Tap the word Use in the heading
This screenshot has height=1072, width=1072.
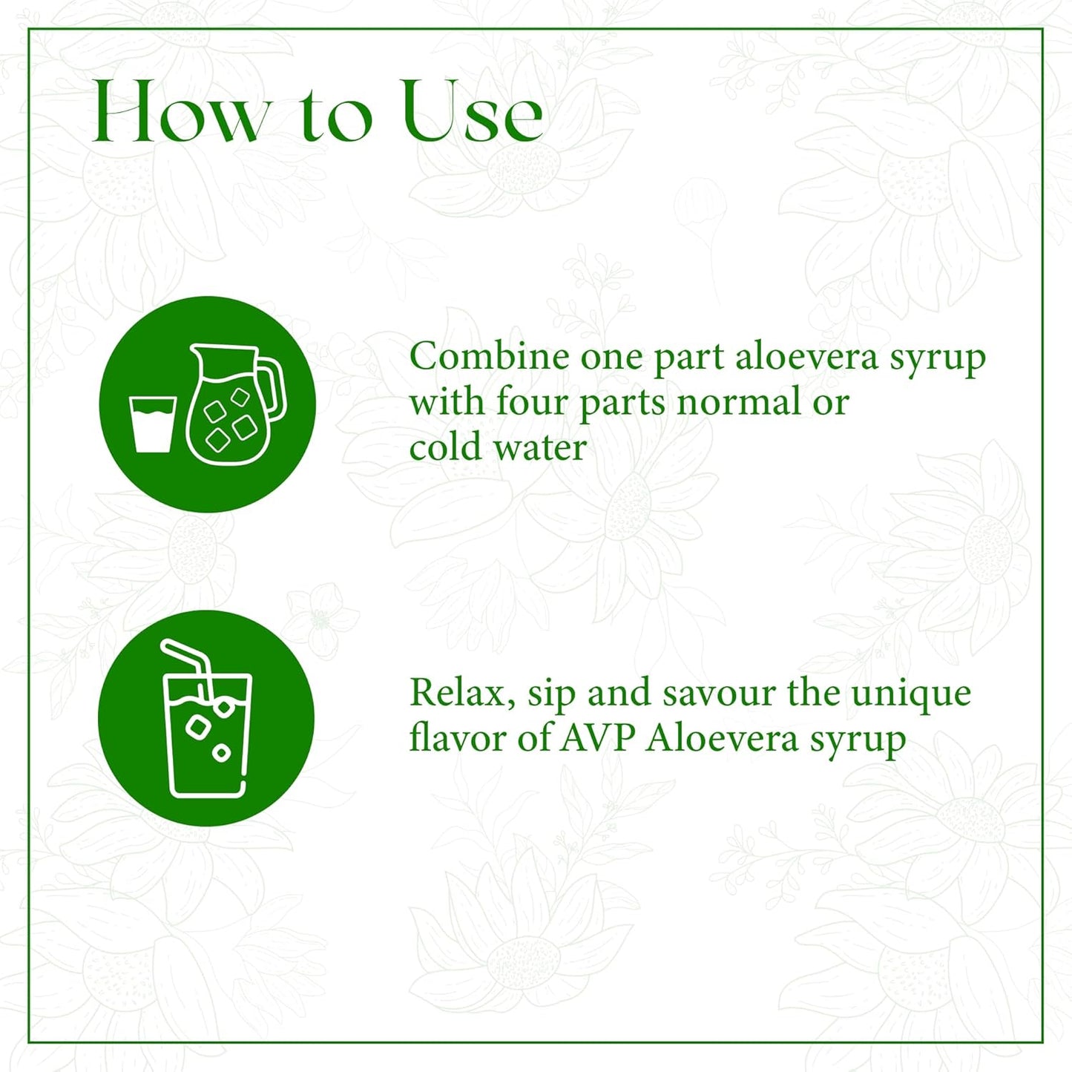pos(473,113)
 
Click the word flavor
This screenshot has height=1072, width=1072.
pos(458,739)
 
